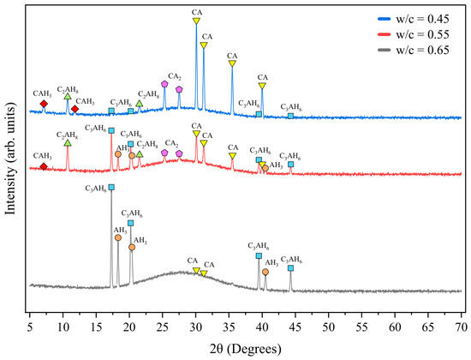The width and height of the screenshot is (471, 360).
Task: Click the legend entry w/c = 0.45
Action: [x=414, y=19]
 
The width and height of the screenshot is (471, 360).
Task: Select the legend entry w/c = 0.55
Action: [x=414, y=34]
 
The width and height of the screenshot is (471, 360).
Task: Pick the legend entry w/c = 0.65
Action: [x=414, y=50]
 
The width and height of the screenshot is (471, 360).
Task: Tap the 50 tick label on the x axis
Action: [x=329, y=327]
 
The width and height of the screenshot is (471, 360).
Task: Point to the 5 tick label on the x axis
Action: [x=30, y=327]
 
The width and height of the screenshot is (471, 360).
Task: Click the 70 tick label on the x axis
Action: [x=462, y=327]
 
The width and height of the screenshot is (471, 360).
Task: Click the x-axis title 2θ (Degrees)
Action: [x=246, y=349]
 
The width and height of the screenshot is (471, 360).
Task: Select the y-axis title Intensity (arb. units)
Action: [x=10, y=159]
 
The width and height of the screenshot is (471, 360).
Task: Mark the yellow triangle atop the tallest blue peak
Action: [x=196, y=21]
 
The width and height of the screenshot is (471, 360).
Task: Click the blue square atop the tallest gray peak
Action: [x=111, y=188]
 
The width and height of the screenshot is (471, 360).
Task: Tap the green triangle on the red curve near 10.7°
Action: [x=68, y=143]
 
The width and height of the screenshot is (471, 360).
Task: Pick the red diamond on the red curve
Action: [x=44, y=166]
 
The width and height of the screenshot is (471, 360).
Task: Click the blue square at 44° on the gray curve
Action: [x=290, y=268]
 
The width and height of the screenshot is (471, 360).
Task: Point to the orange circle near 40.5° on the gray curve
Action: [x=265, y=272]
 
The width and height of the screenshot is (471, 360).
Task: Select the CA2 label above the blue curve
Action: [x=175, y=76]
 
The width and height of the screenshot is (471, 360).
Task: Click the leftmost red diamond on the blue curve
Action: [x=44, y=104]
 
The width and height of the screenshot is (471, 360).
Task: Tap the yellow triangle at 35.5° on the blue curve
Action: [x=232, y=63]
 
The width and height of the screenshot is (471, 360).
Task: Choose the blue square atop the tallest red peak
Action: [x=111, y=130]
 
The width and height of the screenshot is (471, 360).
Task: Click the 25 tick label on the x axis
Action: [x=163, y=327]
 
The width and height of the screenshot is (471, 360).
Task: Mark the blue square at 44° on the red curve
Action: [x=290, y=165]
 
